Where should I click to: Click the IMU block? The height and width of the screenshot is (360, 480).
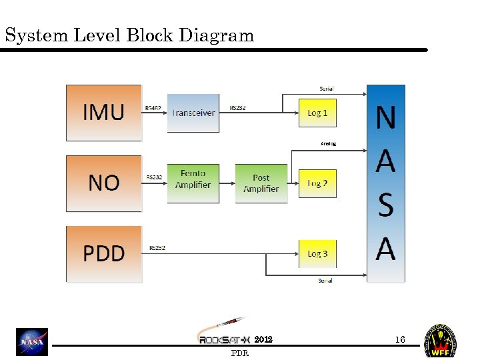click(x=103, y=113)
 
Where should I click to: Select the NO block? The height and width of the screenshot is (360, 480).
click(x=103, y=183)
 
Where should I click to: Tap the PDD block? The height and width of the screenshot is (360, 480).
click(x=103, y=254)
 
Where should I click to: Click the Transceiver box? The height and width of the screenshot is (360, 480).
click(x=193, y=113)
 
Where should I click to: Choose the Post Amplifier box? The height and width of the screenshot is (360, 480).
click(x=261, y=183)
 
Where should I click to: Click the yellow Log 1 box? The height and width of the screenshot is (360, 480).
click(x=317, y=113)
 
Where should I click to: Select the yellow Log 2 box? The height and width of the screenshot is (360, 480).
click(x=317, y=183)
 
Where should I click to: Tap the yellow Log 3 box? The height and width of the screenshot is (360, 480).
click(x=317, y=254)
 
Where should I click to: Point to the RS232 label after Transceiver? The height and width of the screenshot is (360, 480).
click(x=238, y=107)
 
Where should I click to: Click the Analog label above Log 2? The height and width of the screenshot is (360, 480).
click(x=328, y=143)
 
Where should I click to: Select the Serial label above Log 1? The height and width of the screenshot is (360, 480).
click(x=327, y=89)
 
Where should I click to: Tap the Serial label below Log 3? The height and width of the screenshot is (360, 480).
click(x=325, y=281)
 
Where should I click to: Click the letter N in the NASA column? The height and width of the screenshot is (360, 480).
click(x=386, y=118)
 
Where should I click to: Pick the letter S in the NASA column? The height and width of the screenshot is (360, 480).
click(x=386, y=206)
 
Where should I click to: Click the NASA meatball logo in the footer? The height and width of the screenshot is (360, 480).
click(x=33, y=342)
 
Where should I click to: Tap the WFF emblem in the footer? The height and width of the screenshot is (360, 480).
click(x=441, y=341)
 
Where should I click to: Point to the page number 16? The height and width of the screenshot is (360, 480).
click(x=400, y=340)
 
